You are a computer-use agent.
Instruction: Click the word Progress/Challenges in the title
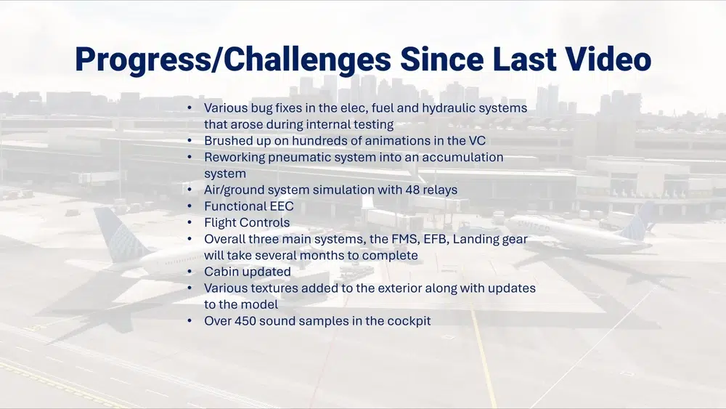pos(233,60)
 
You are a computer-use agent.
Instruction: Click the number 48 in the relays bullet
pos(412,190)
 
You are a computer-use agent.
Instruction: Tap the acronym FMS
pos(405,239)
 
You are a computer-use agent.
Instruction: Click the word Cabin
pos(219,272)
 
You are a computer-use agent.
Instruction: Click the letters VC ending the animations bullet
pos(478,140)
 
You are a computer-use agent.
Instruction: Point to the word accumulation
pos(462,157)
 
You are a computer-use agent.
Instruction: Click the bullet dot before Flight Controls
pos(189,222)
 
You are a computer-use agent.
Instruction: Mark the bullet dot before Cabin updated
pos(189,272)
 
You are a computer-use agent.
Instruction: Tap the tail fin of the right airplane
pos(640,222)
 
